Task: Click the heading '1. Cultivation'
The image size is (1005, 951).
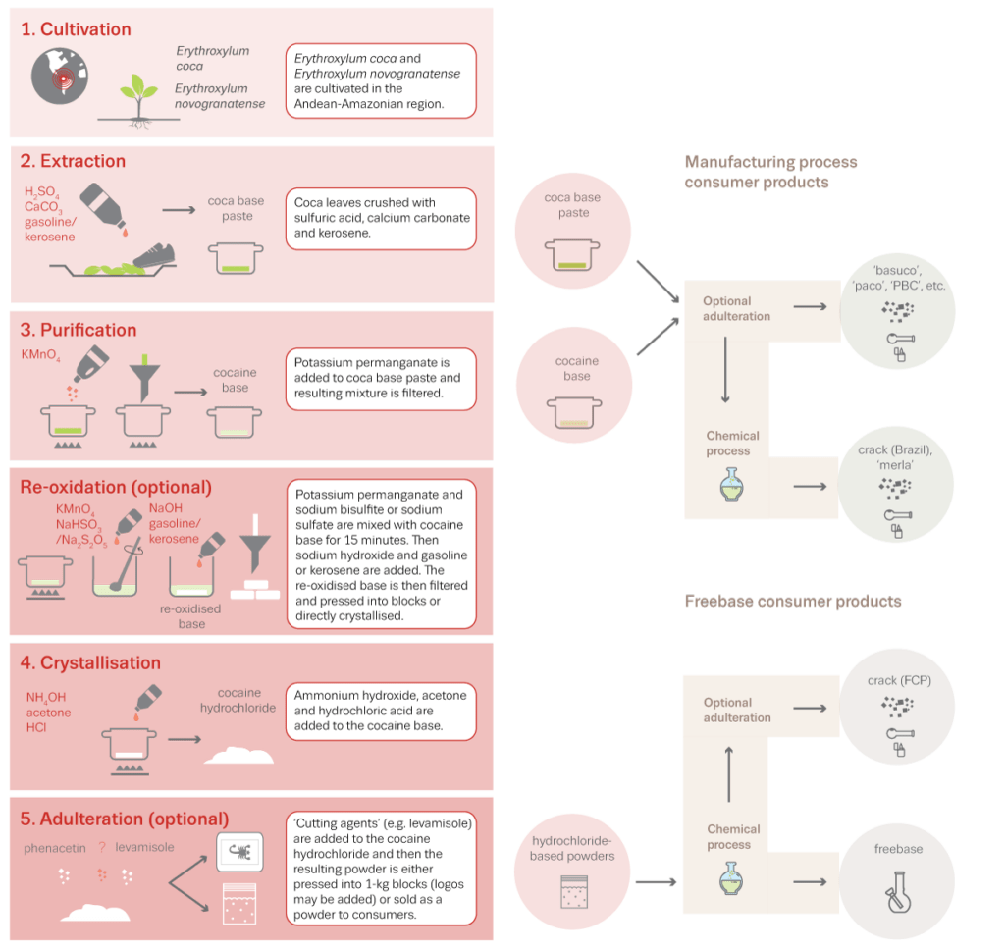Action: tap(76, 29)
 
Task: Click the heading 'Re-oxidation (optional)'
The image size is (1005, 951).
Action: tap(116, 487)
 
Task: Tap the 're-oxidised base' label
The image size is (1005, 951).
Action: tap(191, 615)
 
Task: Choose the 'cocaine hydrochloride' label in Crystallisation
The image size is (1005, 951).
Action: tap(236, 699)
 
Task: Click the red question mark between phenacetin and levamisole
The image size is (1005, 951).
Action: tap(101, 846)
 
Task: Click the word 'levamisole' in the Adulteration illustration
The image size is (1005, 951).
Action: tap(144, 846)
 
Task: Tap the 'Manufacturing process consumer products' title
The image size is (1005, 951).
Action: tap(770, 172)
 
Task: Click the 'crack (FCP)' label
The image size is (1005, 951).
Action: tap(896, 680)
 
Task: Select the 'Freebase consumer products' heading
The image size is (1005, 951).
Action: tap(792, 601)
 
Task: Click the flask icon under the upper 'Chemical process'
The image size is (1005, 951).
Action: tap(731, 483)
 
